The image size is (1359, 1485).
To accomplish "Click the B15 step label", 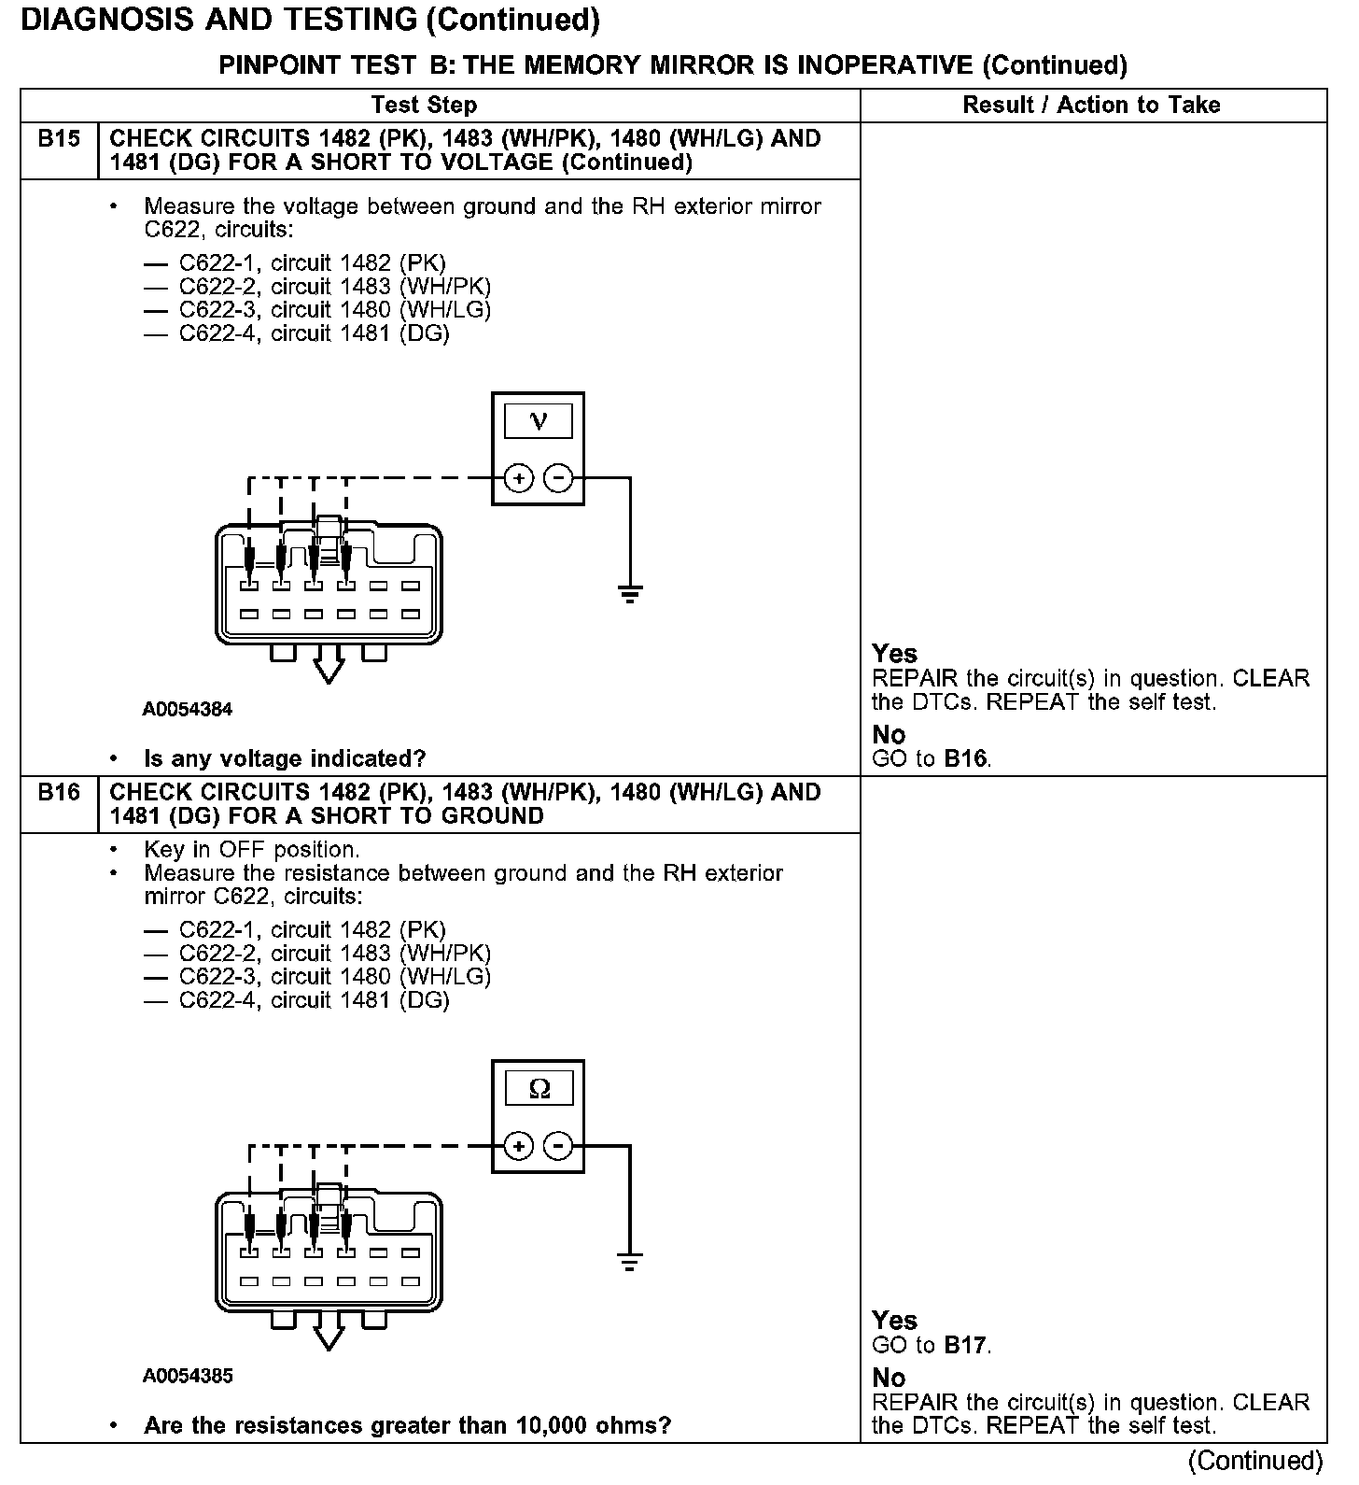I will (59, 139).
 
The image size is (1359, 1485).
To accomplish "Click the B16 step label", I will (59, 793).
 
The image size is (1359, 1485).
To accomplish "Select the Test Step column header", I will (424, 105).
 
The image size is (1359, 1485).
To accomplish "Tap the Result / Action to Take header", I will (1091, 105).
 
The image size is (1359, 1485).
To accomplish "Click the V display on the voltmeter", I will (539, 421).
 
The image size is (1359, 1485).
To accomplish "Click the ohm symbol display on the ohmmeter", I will (539, 1089).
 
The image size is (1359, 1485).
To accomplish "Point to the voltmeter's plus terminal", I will (519, 479).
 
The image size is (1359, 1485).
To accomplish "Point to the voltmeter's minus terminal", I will (558, 479).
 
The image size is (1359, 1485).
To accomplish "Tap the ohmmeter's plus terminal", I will (519, 1146).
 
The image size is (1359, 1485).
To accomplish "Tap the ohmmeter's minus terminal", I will (558, 1146).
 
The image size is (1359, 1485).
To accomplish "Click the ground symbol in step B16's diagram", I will (630, 1262).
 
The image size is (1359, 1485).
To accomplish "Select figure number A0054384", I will (188, 709).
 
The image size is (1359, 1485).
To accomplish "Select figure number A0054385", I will (188, 1376).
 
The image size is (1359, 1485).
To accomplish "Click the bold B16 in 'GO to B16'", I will (965, 758).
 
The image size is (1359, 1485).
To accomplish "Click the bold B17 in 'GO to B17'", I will (965, 1345).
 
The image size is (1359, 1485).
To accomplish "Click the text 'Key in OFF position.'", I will (251, 850).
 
